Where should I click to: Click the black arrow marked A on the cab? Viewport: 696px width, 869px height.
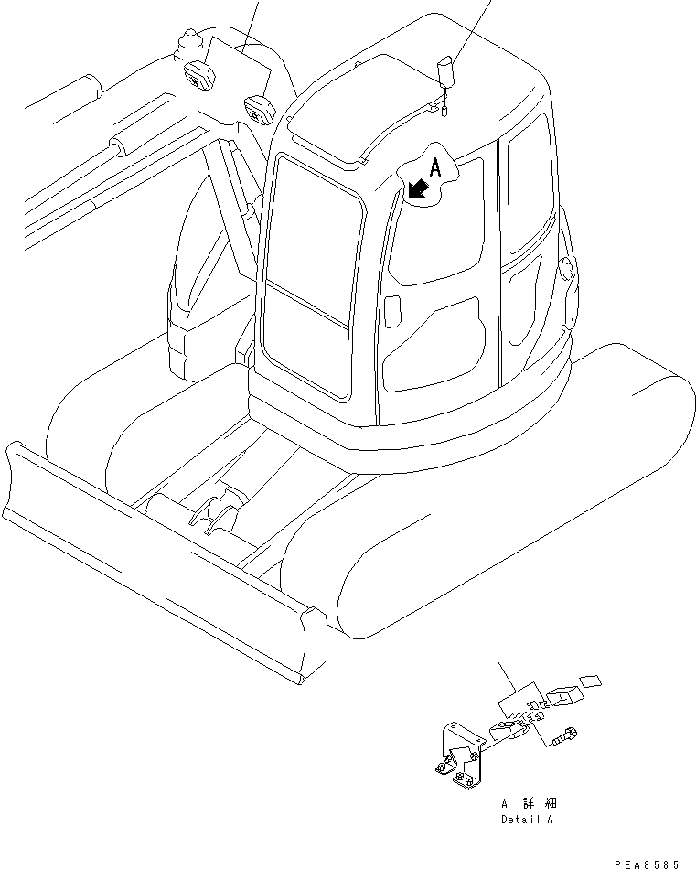[x=420, y=188]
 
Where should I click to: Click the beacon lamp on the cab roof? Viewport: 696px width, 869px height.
[x=445, y=70]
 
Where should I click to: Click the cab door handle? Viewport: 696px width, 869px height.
[x=391, y=310]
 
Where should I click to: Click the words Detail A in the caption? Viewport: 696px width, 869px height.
[x=527, y=820]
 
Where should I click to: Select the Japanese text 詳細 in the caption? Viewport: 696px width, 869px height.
[x=539, y=803]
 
